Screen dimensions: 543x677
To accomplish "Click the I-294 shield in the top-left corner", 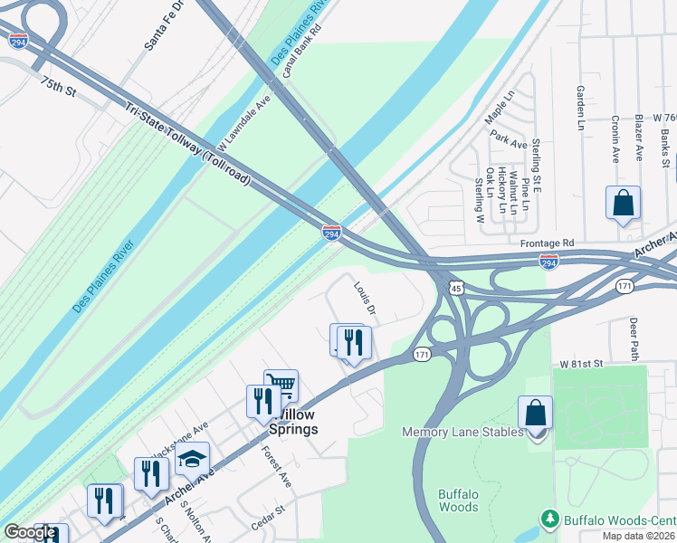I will tap(17, 41).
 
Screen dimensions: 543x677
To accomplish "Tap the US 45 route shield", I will tap(457, 289).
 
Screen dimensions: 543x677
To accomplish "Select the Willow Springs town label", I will tap(296, 422).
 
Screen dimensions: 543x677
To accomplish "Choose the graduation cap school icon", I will tap(192, 459).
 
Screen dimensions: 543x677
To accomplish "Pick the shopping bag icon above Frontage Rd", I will tap(623, 203).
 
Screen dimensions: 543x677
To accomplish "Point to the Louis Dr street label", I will tap(365, 299).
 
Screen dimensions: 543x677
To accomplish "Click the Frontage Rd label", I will tap(547, 243).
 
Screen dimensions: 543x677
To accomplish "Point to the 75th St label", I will tap(56, 87).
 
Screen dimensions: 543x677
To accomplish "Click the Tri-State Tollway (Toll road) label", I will tap(186, 145).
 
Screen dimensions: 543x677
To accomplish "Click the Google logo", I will tap(30, 533).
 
